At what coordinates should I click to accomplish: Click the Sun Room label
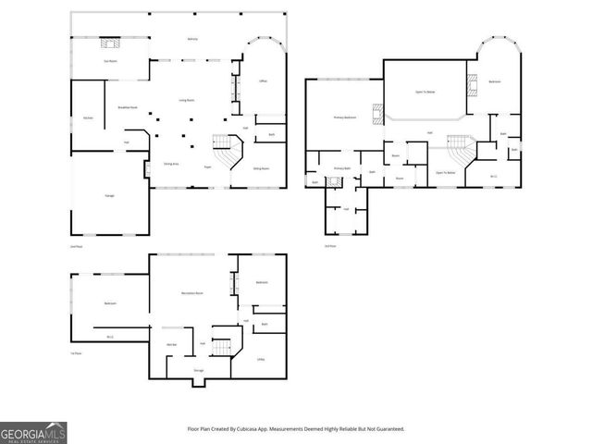tap(109, 61)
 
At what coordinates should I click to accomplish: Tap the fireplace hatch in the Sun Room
tap(111, 43)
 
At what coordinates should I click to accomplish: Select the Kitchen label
tap(87, 118)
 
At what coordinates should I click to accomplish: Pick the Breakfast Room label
tap(128, 108)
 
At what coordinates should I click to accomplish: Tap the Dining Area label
tap(171, 164)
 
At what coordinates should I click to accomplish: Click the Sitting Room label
tap(262, 168)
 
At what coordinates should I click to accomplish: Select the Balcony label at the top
tap(192, 39)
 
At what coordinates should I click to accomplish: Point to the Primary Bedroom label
tap(345, 117)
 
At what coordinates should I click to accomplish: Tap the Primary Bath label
tap(341, 168)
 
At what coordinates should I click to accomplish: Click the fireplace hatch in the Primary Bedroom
tap(376, 115)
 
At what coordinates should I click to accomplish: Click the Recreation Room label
tap(192, 292)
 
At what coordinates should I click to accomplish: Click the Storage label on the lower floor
tap(198, 370)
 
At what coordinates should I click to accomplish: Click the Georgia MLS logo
tap(33, 432)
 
